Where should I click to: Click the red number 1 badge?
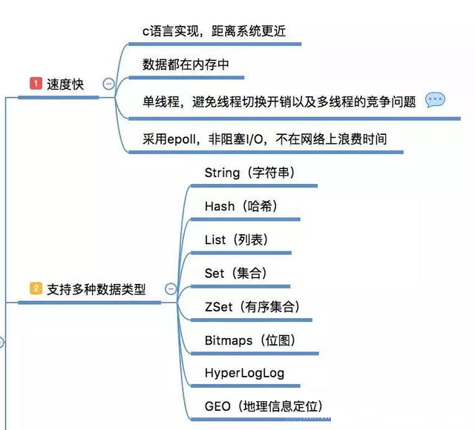(x=35, y=85)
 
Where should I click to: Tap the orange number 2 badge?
(x=35, y=288)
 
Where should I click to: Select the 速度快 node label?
(x=65, y=85)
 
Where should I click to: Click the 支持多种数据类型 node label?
(x=96, y=289)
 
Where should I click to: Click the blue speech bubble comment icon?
(x=436, y=100)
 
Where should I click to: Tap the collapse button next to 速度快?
(x=109, y=85)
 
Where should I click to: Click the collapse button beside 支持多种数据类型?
(x=171, y=289)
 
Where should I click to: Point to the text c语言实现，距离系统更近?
(x=214, y=31)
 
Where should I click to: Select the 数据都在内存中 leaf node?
(x=186, y=64)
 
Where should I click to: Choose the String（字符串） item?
(x=250, y=173)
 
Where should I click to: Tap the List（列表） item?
(x=236, y=239)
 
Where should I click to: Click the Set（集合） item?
(x=235, y=273)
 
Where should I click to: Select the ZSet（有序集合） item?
(x=252, y=306)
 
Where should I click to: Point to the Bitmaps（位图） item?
(x=251, y=340)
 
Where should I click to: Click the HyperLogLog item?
(x=244, y=373)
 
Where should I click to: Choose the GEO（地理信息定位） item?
(x=263, y=406)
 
